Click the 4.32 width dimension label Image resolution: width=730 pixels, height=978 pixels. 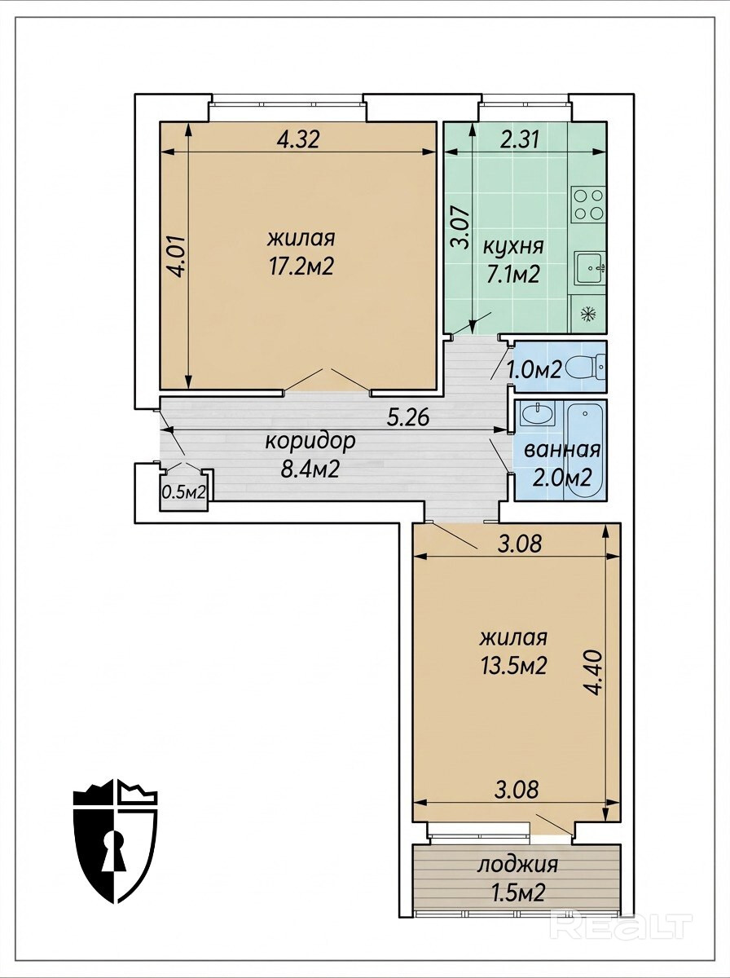click(x=298, y=140)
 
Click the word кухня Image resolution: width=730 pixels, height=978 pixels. click(x=513, y=246)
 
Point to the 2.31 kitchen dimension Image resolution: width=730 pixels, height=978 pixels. click(x=519, y=140)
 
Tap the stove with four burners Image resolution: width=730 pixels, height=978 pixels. click(x=589, y=204)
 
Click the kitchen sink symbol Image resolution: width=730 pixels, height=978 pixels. click(x=589, y=268)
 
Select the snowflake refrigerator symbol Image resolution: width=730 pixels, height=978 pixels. click(x=589, y=314)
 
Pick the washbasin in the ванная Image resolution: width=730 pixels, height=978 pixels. click(x=537, y=414)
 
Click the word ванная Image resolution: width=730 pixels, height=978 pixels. click(x=562, y=451)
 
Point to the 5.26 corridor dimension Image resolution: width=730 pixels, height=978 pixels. click(x=408, y=418)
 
